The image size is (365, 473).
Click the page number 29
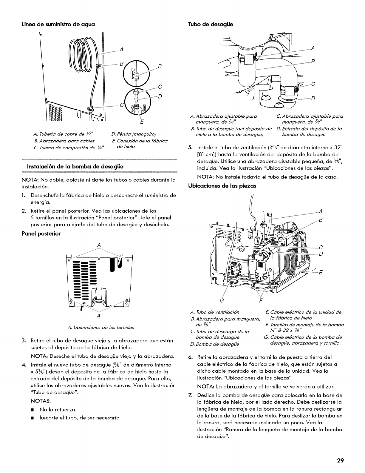[x=341, y=460]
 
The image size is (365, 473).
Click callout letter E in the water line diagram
[x=141, y=122]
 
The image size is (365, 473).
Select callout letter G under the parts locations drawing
[x=221, y=300]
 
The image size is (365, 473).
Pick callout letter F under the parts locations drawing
[x=263, y=300]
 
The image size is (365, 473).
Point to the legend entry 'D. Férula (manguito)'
[x=130, y=133]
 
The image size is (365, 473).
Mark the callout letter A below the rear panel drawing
[x=98, y=316]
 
